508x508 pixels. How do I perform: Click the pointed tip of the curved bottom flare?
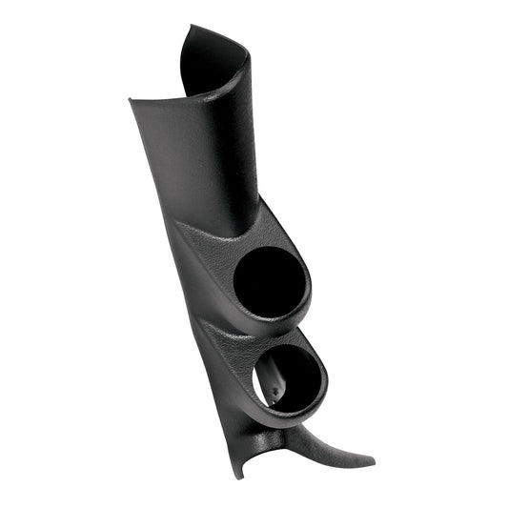coord(372,462)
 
